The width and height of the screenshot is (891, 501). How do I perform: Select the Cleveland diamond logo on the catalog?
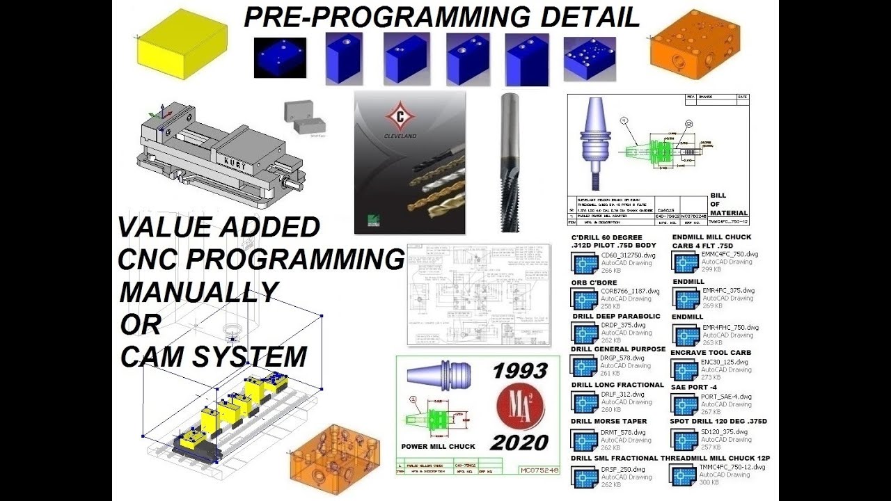(x=400, y=114)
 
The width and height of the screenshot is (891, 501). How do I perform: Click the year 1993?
(x=519, y=371)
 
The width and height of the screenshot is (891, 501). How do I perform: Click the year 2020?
(x=519, y=442)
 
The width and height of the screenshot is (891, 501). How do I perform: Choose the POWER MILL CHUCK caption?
(x=439, y=446)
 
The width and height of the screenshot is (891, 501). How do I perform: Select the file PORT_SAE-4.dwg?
(x=726, y=397)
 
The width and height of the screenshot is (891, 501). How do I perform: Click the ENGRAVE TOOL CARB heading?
(x=710, y=353)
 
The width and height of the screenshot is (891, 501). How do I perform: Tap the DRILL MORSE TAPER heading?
(x=609, y=421)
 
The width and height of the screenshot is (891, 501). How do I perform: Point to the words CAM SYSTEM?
(x=213, y=357)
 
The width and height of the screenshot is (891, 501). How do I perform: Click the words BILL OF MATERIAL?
(x=728, y=204)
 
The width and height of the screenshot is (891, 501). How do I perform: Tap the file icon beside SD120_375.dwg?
(x=684, y=440)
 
